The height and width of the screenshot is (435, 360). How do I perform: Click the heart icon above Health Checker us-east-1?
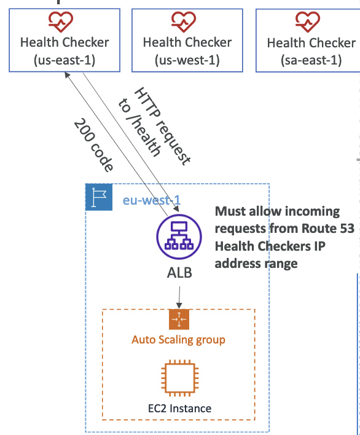(61, 22)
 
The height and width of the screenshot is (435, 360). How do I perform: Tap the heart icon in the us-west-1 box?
(183, 22)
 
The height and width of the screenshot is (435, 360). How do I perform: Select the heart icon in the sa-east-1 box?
(308, 22)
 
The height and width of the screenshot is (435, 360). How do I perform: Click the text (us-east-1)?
(65, 60)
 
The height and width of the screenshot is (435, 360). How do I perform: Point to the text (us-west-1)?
(187, 60)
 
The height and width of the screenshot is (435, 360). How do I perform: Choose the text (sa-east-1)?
(311, 60)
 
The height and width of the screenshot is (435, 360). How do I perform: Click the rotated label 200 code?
(94, 145)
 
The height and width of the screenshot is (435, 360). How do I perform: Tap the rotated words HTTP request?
(163, 127)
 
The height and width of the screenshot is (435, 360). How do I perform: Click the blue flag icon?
(99, 197)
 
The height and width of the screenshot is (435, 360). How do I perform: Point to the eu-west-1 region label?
(151, 200)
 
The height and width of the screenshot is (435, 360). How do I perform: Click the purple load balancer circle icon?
(179, 237)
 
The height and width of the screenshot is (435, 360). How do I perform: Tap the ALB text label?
(179, 273)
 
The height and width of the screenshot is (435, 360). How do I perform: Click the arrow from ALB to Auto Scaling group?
(179, 297)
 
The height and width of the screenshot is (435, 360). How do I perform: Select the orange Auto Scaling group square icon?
(179, 319)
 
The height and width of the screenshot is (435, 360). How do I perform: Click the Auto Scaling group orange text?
(178, 340)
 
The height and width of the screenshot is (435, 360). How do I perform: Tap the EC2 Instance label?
(180, 409)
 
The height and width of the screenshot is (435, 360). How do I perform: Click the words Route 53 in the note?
(328, 229)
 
